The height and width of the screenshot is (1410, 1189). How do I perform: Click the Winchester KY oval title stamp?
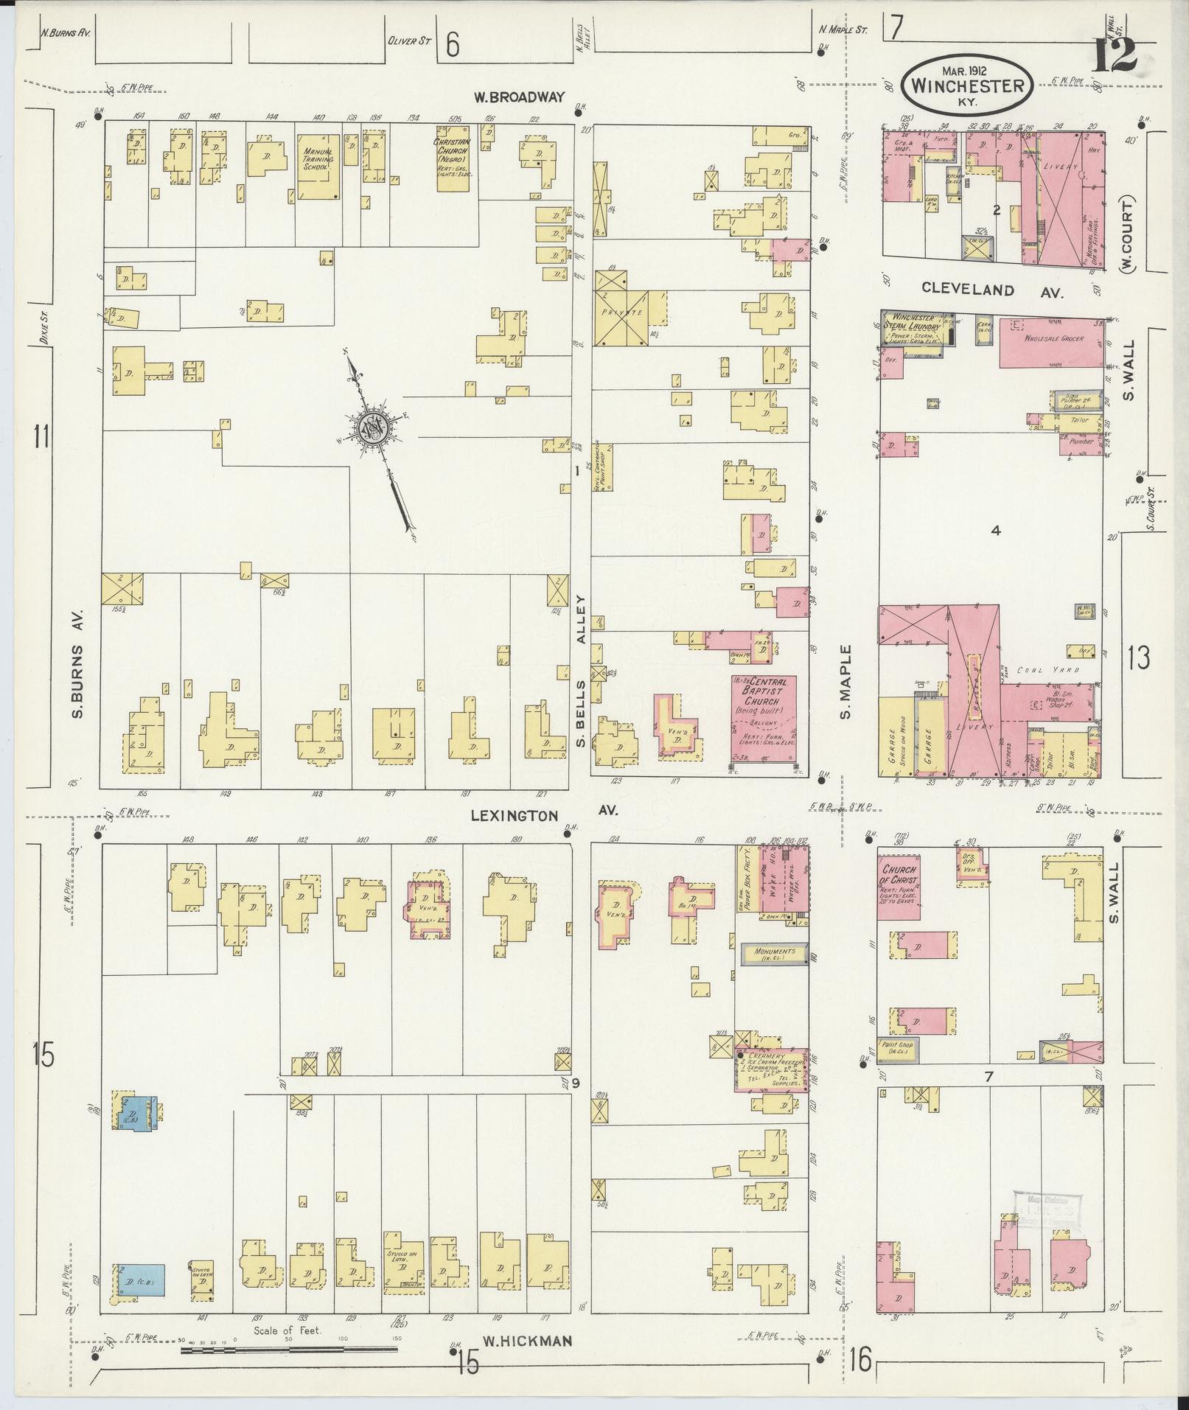(x=967, y=85)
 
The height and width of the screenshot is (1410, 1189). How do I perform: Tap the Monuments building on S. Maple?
(x=773, y=952)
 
